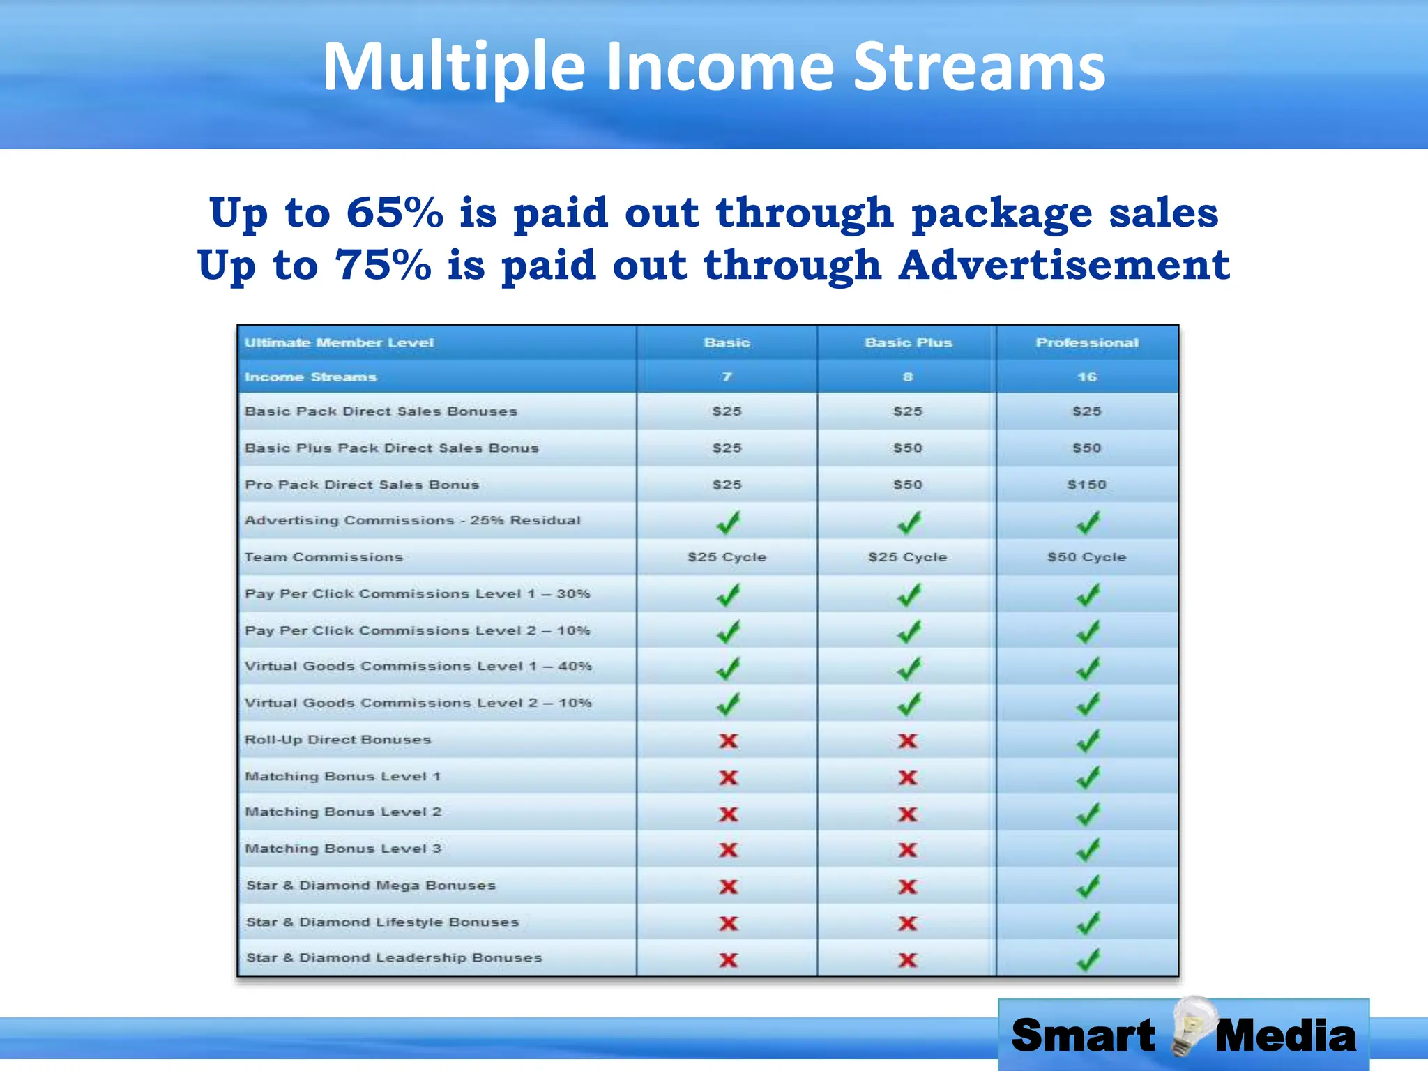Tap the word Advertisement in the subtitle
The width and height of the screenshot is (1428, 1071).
point(1064,265)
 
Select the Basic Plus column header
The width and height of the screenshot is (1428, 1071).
point(908,342)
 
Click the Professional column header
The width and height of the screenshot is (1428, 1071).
point(1087,342)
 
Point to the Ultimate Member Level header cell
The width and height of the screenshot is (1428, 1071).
point(339,342)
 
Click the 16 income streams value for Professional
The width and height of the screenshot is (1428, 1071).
point(1087,377)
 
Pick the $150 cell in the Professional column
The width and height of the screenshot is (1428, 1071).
point(1087,485)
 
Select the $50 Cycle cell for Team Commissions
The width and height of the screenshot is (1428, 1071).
point(1087,557)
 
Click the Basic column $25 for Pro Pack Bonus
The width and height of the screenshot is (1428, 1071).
point(727,485)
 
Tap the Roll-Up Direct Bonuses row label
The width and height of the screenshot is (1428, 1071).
point(338,740)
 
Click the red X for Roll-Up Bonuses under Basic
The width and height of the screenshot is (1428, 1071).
point(728,740)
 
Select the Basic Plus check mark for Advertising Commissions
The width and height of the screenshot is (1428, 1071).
point(909,522)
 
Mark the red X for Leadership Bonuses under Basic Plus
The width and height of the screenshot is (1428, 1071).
point(908,960)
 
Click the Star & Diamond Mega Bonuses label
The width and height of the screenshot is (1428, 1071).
point(371,886)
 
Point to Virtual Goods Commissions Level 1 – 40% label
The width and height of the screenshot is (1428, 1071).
point(418,667)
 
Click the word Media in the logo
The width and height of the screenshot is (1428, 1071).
point(1285,1035)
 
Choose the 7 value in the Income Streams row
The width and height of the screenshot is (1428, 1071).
point(727,377)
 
